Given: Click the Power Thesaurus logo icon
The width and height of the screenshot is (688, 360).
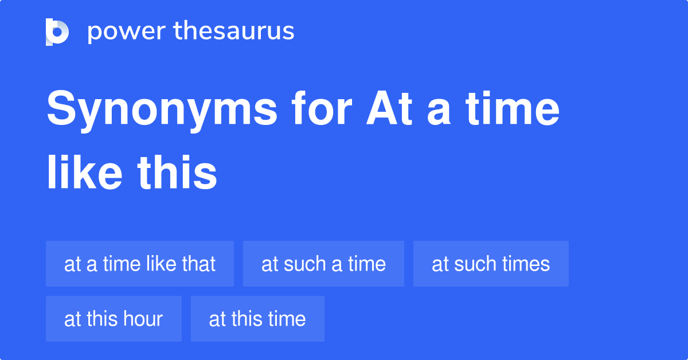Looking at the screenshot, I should (x=57, y=32).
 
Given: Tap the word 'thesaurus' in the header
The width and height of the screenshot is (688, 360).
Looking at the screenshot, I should (x=234, y=32).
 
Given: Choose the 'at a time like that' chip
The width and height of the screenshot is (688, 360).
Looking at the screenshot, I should (x=140, y=264).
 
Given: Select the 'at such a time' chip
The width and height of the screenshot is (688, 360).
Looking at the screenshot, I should (x=323, y=264).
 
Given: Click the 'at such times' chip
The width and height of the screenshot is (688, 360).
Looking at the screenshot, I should (x=491, y=264).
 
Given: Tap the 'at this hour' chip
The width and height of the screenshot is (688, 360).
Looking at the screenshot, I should (x=114, y=319).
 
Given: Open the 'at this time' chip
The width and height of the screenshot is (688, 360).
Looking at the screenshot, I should (x=257, y=319).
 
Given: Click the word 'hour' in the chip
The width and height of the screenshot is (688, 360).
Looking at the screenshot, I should (x=143, y=319).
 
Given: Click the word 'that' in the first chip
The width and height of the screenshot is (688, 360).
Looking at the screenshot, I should (x=198, y=264).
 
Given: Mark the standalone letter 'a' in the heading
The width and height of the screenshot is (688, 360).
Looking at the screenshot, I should (x=439, y=110).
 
